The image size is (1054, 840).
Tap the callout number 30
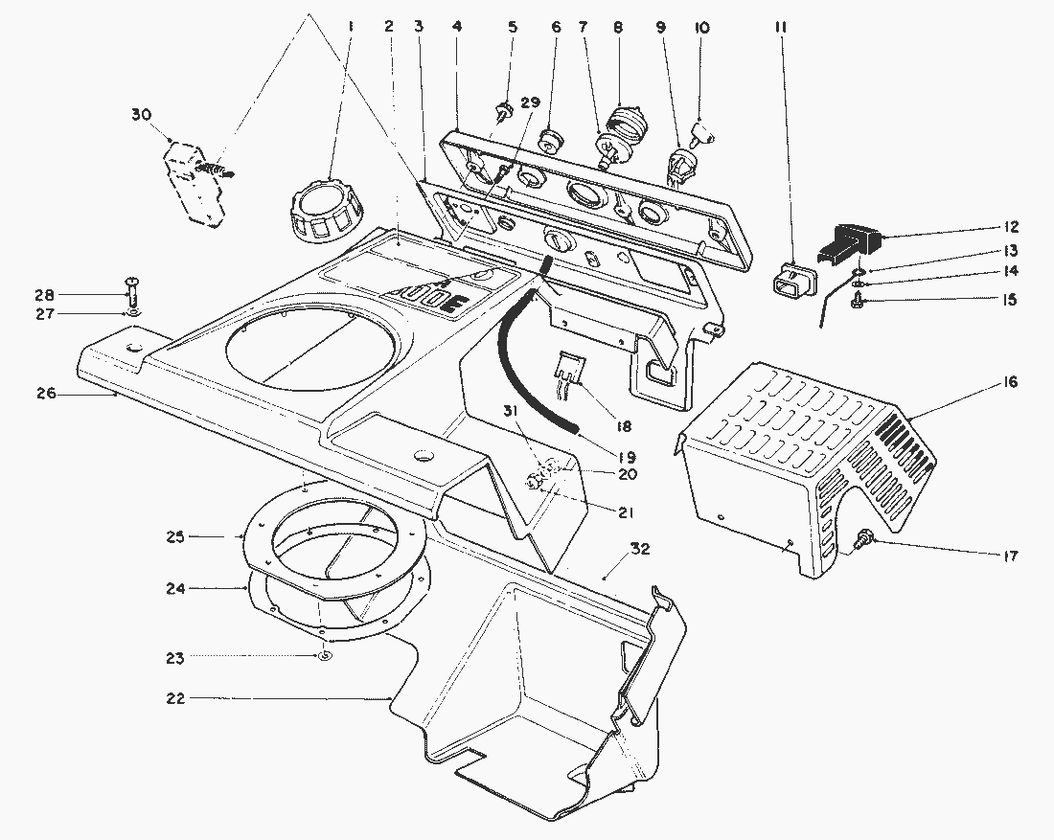pos(141,115)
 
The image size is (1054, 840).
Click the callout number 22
pos(173,698)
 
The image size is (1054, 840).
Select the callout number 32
pos(640,549)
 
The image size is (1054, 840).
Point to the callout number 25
pos(174,536)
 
